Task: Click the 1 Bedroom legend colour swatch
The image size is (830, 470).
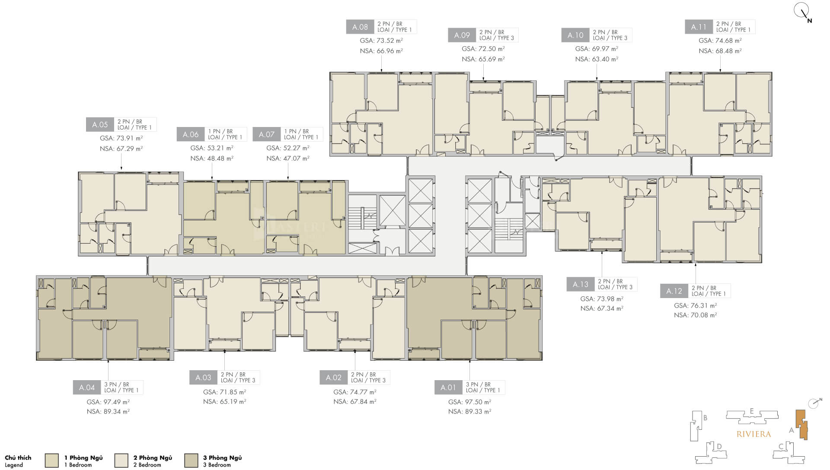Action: [51, 460]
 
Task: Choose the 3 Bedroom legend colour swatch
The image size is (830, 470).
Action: [191, 460]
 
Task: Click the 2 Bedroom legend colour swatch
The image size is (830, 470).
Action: [121, 460]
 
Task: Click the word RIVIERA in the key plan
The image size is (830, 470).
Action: [753, 434]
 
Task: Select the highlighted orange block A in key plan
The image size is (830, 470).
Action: [802, 424]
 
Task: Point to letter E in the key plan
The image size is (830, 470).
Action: [752, 411]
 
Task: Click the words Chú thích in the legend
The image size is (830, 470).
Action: [18, 457]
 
